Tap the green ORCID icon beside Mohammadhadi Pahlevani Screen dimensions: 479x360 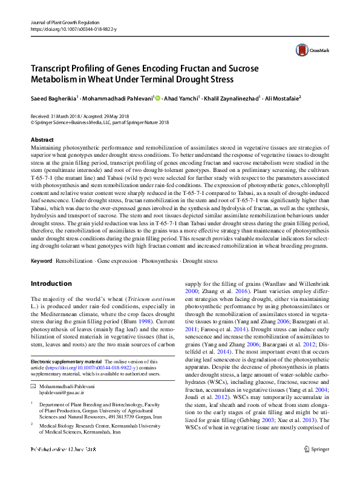[158, 97]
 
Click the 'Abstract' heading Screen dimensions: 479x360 [42, 140]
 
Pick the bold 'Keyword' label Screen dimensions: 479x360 [41, 260]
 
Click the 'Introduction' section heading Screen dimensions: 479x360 [51, 283]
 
